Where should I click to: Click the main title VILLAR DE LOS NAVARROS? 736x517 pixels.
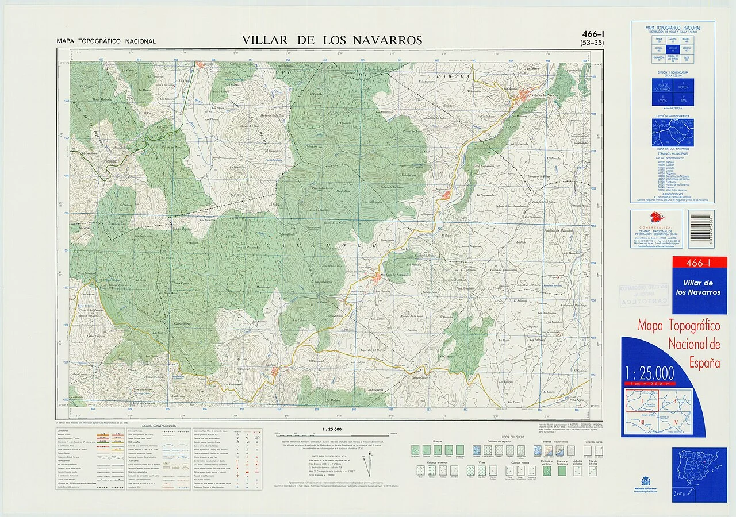pos(332,40)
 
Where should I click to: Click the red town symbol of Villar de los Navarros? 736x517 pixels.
pos(526,95)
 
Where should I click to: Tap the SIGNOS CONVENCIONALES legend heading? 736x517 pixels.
pos(160,426)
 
